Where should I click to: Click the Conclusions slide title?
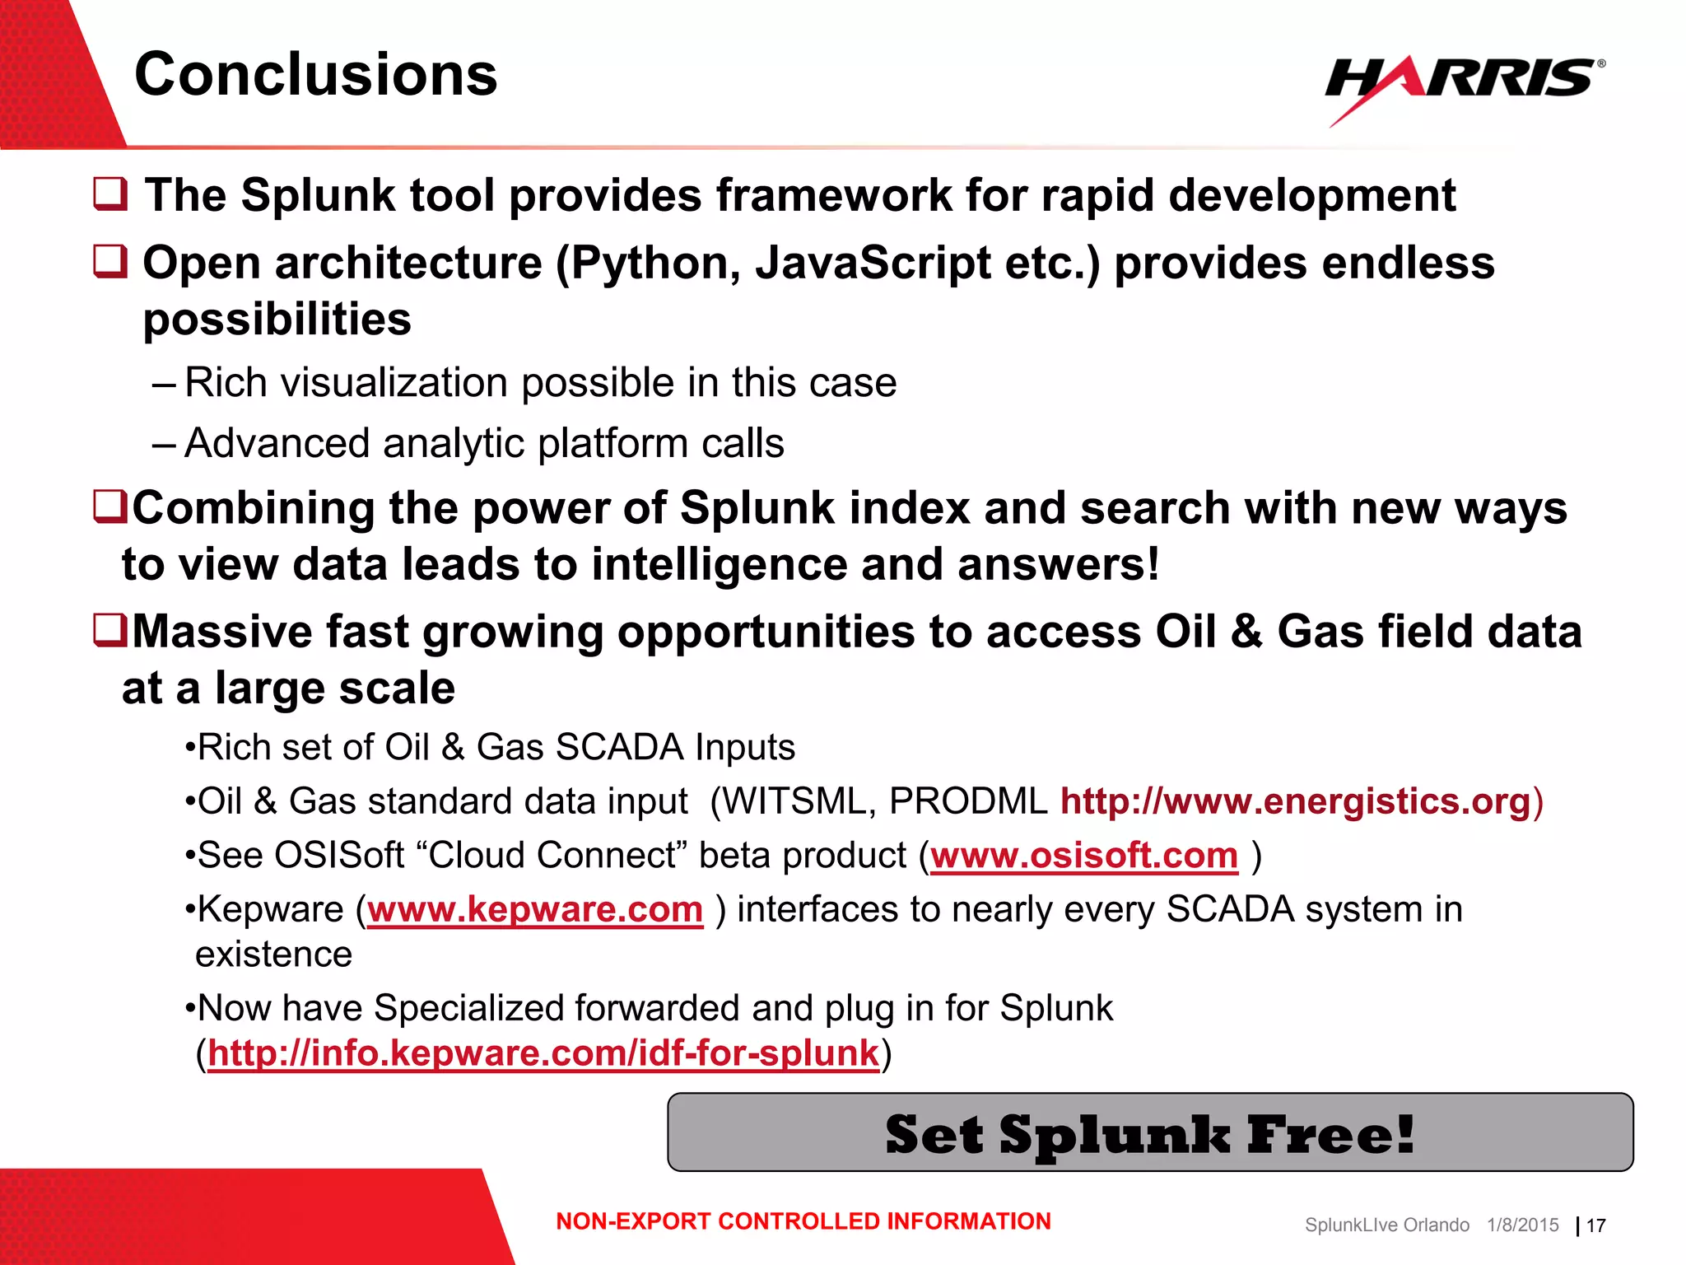(x=315, y=74)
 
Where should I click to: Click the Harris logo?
(x=1463, y=82)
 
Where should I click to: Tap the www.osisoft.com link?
(x=1083, y=856)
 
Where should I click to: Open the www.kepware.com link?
(x=535, y=910)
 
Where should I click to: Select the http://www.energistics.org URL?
(x=1295, y=801)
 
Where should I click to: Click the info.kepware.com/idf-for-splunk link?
(x=543, y=1053)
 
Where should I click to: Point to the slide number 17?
(x=1595, y=1225)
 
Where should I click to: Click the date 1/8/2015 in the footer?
(x=1522, y=1225)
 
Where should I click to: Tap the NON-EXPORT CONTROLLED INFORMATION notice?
(x=803, y=1221)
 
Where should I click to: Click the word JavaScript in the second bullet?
(x=873, y=264)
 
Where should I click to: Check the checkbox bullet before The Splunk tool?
(x=110, y=194)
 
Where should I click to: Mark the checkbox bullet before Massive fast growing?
(x=109, y=631)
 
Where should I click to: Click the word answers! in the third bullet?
(x=1059, y=565)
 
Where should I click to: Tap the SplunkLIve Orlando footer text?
(x=1386, y=1225)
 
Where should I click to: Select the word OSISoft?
(x=339, y=856)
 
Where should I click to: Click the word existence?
(x=273, y=955)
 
